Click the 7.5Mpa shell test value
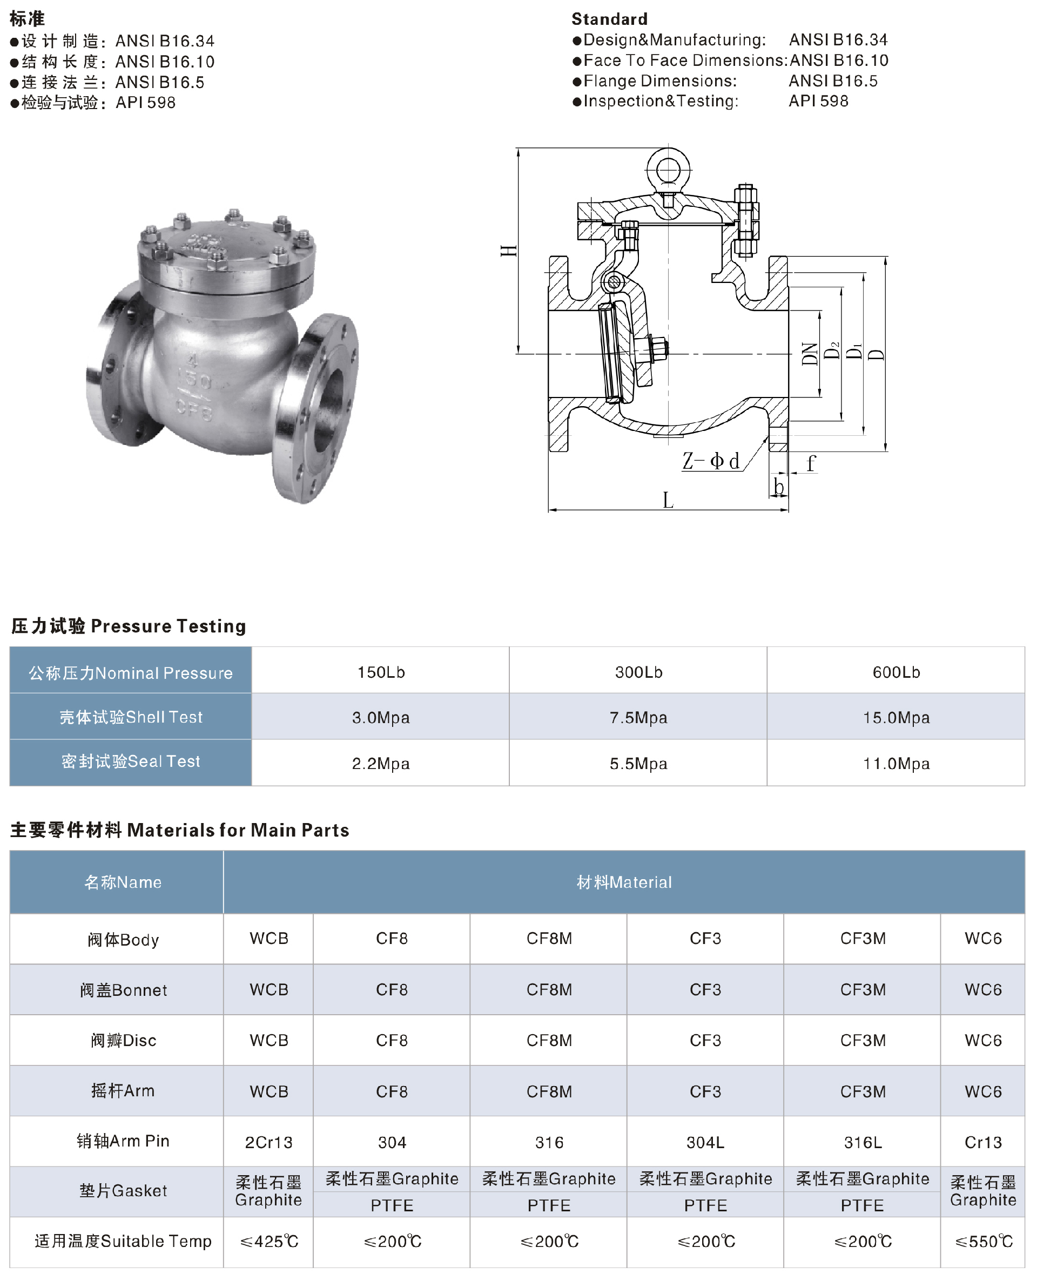pos(638,717)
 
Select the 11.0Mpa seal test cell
pos(896,763)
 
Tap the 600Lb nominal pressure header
pos(896,672)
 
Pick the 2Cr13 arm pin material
pos(269,1142)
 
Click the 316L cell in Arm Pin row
pos(863,1142)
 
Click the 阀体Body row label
pos(123,939)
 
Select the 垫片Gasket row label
pos(123,1190)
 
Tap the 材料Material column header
pos(624,882)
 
